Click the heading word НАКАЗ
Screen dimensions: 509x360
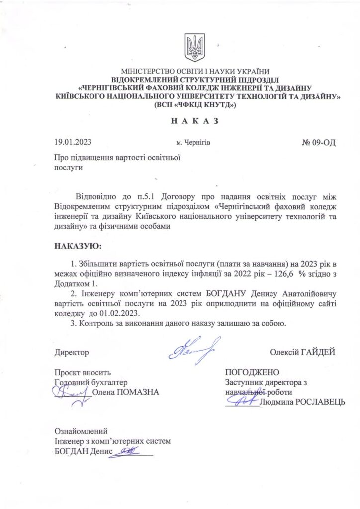(x=195, y=121)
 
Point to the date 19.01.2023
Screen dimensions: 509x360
(x=73, y=143)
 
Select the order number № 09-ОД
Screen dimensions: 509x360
(x=319, y=143)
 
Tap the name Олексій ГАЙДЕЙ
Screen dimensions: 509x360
(x=302, y=352)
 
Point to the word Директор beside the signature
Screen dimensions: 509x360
(x=71, y=353)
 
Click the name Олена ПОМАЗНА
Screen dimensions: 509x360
(x=126, y=392)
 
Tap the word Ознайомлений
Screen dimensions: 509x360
(x=81, y=431)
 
